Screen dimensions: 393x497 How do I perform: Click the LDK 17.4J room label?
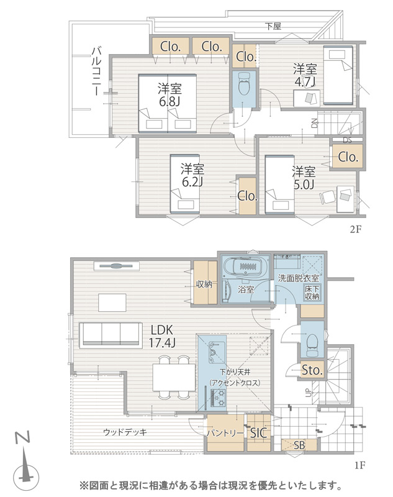(x=163, y=336)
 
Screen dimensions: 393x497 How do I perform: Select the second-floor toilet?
(x=243, y=84)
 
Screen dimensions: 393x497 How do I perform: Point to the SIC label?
(x=259, y=433)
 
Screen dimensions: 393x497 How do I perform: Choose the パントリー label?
(x=225, y=433)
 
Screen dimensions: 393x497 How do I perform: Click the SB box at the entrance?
(x=299, y=445)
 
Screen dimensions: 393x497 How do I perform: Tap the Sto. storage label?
(x=312, y=370)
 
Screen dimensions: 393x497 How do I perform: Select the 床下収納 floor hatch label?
(x=312, y=293)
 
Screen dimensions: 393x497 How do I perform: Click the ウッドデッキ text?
(x=125, y=432)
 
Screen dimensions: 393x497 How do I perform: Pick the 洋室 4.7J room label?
(x=305, y=75)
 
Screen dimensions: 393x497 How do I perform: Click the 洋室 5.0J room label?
(x=304, y=178)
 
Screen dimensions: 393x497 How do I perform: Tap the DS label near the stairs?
(x=347, y=139)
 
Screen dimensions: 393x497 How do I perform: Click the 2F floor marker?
(x=355, y=229)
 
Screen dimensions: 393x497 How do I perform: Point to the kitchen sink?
(x=213, y=352)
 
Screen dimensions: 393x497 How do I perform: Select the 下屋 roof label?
(x=273, y=25)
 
